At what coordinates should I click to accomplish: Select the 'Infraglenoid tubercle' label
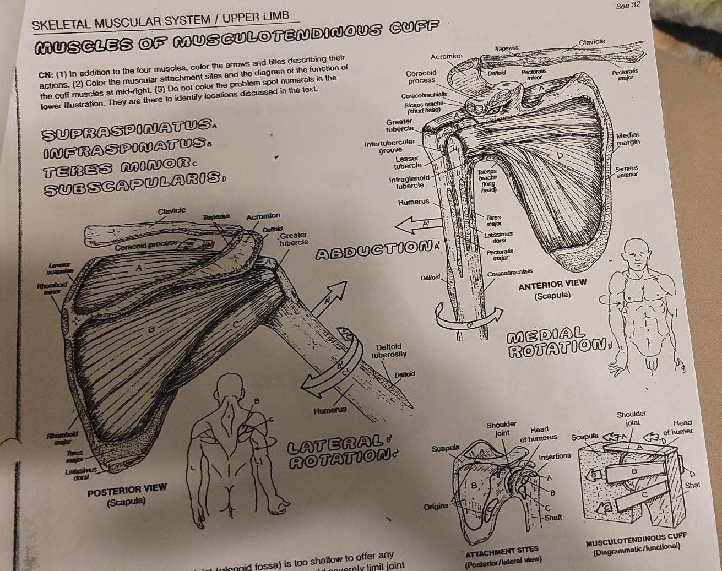point(409,182)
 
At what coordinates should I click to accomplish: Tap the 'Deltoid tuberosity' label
point(392,350)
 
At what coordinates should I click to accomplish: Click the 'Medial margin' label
point(628,138)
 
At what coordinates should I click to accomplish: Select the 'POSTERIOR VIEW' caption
point(127,490)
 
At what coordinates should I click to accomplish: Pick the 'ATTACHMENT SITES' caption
point(501,550)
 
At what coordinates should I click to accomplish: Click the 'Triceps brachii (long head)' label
point(487,180)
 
